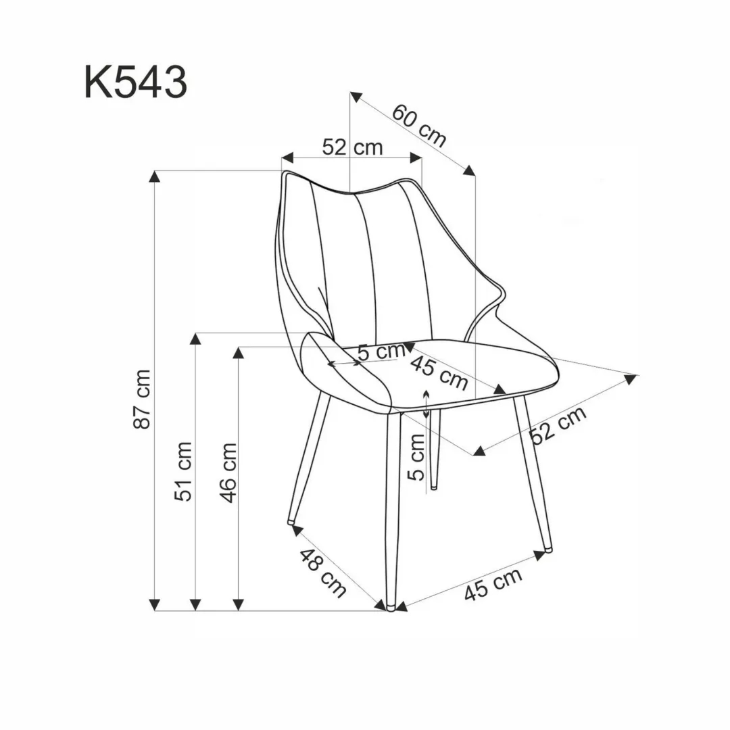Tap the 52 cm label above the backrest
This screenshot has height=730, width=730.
[x=352, y=147]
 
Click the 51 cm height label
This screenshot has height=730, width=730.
[x=184, y=471]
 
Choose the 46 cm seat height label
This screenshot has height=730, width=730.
[x=228, y=472]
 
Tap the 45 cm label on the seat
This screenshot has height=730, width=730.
[x=439, y=372]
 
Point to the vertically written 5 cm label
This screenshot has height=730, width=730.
[x=417, y=456]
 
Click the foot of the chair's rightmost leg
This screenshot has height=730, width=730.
[x=547, y=547]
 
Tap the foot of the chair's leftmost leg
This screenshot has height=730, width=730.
[x=291, y=521]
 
